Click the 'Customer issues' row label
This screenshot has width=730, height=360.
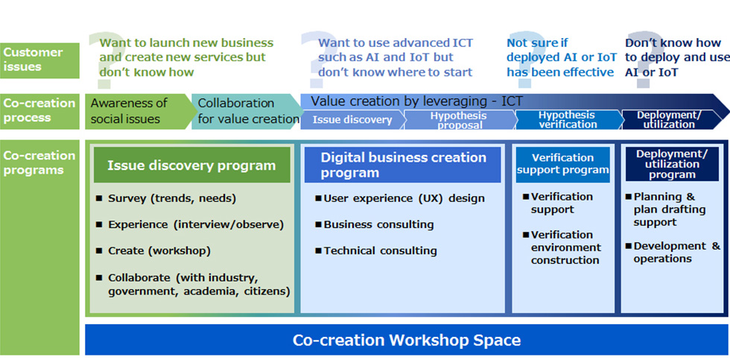tap(39, 60)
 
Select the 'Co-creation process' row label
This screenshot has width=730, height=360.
tap(39, 111)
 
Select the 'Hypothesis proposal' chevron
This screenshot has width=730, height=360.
tap(458, 120)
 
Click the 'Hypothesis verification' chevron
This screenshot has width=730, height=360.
tap(567, 120)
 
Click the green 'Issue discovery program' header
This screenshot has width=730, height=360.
tap(192, 165)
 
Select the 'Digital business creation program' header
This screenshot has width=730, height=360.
tap(403, 165)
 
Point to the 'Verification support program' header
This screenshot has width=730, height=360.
tap(563, 165)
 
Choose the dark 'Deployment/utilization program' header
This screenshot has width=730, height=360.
tap(672, 165)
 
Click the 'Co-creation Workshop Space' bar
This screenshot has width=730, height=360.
tap(407, 340)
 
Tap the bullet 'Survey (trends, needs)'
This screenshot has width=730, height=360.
tap(167, 198)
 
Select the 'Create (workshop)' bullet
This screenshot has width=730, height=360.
tap(153, 250)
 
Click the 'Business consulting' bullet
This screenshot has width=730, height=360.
tap(374, 224)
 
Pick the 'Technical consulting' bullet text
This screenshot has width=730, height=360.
tap(376, 250)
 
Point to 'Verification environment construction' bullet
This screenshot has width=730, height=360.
tap(562, 247)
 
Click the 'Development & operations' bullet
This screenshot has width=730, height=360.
tap(673, 252)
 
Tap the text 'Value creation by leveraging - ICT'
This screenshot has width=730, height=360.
tap(416, 101)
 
